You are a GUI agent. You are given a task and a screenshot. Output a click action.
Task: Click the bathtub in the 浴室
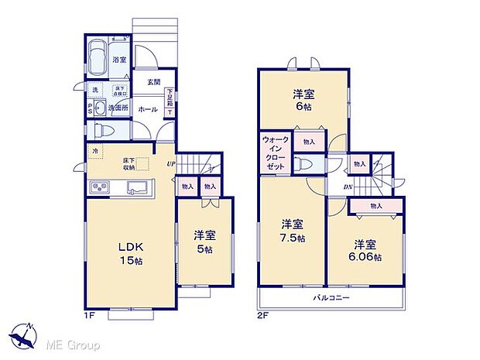click(98, 57)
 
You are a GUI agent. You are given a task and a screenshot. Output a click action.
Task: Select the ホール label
click(148, 110)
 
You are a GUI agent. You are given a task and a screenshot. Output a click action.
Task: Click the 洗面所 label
click(118, 108)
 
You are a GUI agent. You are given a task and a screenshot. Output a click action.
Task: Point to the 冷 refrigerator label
click(95, 151)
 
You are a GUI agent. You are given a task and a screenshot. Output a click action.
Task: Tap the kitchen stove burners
click(101, 187)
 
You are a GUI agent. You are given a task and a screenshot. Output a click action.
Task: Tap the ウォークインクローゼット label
click(276, 153)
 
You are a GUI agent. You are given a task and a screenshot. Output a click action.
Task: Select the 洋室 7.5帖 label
click(292, 232)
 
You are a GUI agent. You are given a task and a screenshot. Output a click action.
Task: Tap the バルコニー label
click(331, 298)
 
